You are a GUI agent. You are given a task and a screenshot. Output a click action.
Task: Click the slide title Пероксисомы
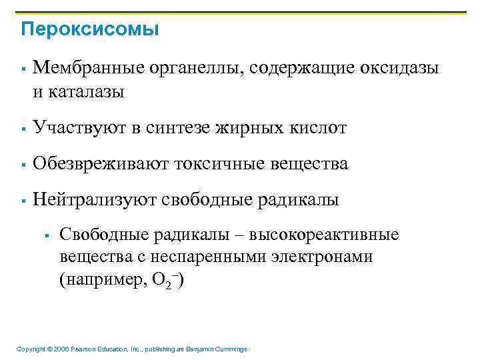pos(90,30)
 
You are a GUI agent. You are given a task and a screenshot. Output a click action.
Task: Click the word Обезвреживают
pos(99,163)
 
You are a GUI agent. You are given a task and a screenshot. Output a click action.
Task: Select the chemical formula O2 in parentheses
pos(164,281)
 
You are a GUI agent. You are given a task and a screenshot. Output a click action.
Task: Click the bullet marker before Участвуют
pos(23,128)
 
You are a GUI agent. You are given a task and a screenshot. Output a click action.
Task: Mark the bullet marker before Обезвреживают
pos(23,164)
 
